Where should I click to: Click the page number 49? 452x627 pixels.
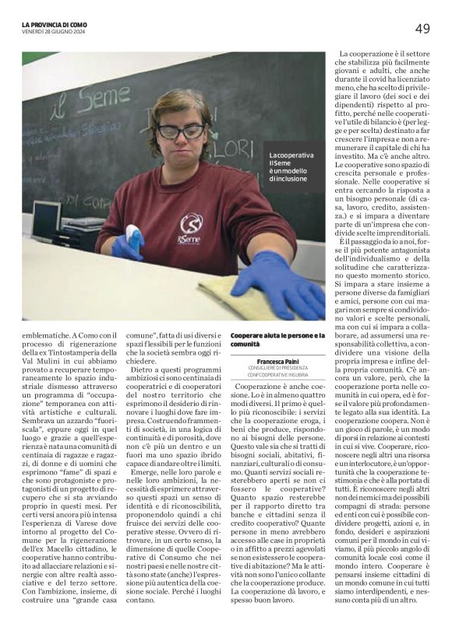(x=422, y=29)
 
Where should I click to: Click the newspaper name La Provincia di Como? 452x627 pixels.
(x=55, y=25)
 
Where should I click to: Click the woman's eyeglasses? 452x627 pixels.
(x=181, y=131)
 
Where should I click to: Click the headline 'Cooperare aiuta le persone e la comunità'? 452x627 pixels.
(x=277, y=339)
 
